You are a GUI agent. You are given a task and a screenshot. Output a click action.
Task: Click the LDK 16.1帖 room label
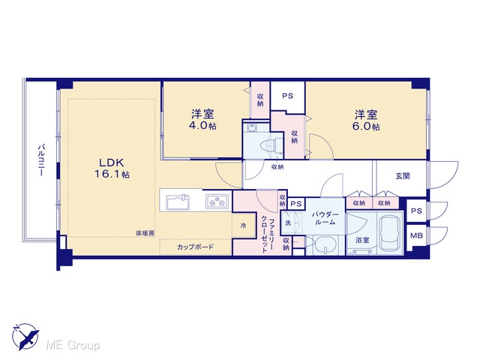pyautogui.click(x=112, y=168)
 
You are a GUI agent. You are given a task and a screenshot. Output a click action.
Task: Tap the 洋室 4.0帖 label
pyautogui.click(x=202, y=120)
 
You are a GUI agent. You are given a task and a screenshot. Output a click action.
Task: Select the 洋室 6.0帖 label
pyautogui.click(x=366, y=121)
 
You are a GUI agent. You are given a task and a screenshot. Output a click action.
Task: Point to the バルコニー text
pyautogui.click(x=40, y=160)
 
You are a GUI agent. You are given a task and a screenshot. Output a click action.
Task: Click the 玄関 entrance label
pyautogui.click(x=403, y=176)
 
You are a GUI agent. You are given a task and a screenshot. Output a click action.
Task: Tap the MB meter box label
pyautogui.click(x=416, y=235)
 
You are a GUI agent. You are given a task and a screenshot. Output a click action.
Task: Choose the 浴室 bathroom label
pyautogui.click(x=362, y=240)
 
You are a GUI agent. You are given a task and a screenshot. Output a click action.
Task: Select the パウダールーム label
pyautogui.click(x=325, y=218)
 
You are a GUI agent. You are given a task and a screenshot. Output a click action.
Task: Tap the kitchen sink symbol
pyautogui.click(x=178, y=202)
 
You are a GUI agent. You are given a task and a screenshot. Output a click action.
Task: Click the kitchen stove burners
pyautogui.click(x=217, y=202)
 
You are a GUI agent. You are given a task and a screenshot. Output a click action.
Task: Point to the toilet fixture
pyautogui.click(x=271, y=145)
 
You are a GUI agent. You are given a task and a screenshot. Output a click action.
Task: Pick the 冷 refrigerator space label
pyautogui.click(x=243, y=226)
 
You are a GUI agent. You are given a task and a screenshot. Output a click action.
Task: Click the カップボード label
pyautogui.click(x=195, y=247)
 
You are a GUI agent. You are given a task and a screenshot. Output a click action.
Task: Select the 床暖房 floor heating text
pyautogui.click(x=145, y=233)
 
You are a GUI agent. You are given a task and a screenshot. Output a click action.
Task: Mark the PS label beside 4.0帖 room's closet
pyautogui.click(x=288, y=96)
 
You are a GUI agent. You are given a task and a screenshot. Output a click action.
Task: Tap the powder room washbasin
pyautogui.click(x=325, y=245)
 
